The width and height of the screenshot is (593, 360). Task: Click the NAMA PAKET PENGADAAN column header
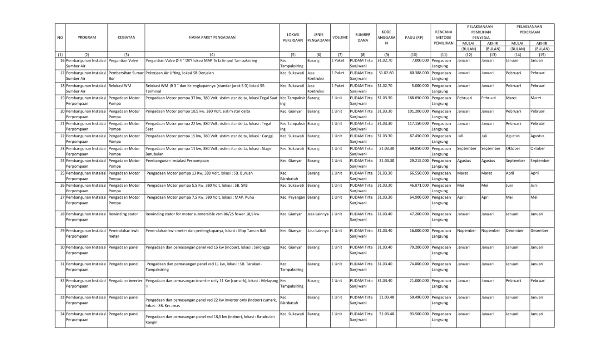212,37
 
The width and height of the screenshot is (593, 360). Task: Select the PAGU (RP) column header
413,37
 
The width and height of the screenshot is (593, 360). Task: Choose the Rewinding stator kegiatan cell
123,215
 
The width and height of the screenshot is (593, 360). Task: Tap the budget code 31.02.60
386,73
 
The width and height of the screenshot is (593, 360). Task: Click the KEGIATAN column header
126,37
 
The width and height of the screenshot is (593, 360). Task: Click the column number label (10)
413,55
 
